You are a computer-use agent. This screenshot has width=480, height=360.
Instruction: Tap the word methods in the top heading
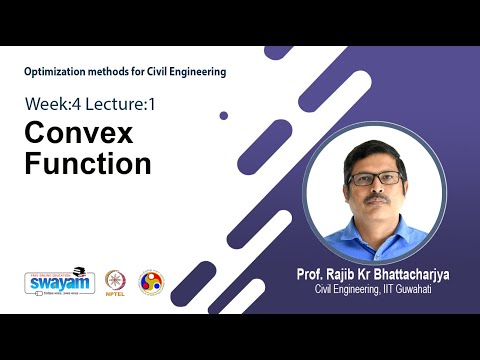coord(110,72)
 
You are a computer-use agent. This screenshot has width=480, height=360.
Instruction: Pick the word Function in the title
coord(87,163)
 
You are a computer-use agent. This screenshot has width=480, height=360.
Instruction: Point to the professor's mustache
coord(376,197)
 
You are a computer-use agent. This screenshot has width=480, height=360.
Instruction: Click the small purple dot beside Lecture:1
coord(224,115)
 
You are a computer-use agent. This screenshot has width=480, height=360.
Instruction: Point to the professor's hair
coord(374,153)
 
